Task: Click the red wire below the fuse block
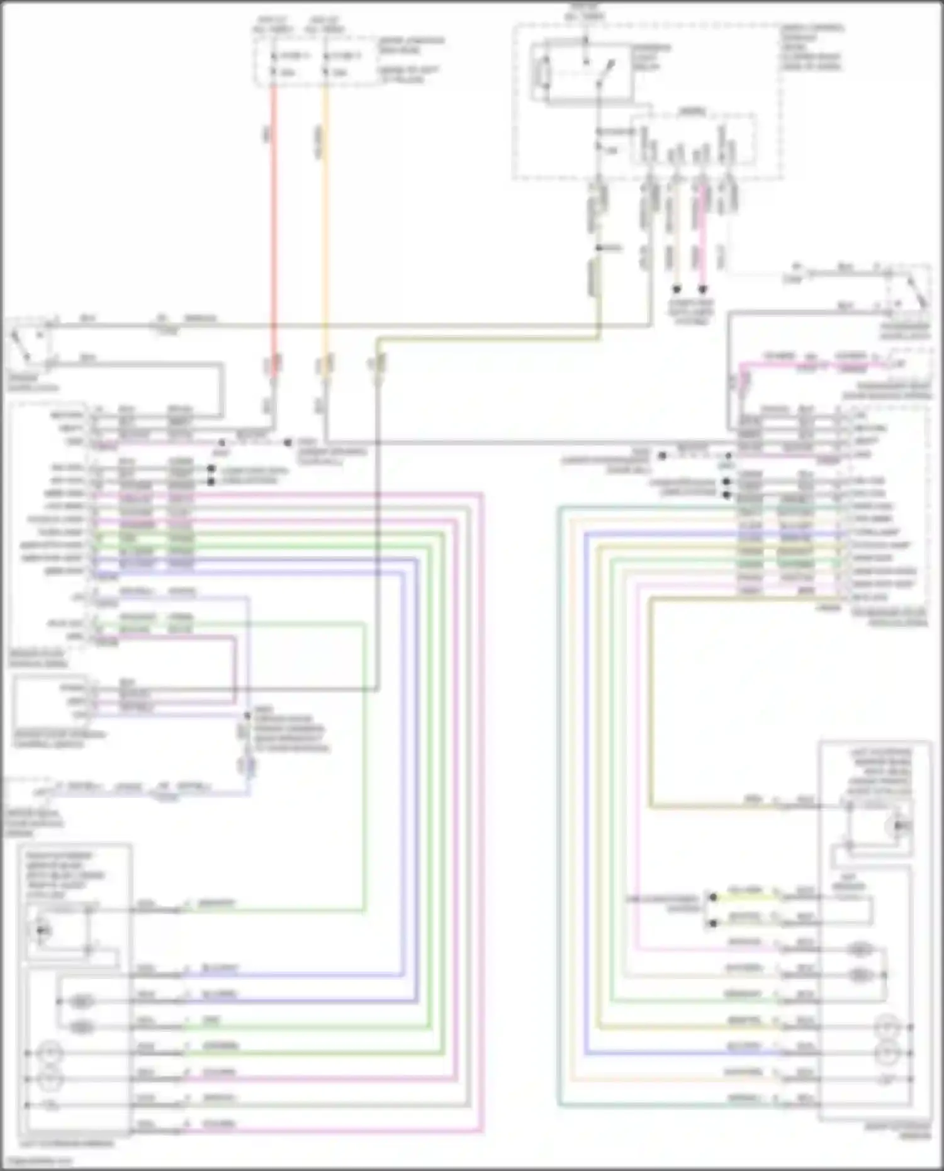274,220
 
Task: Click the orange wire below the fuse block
325,220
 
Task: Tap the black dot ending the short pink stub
703,289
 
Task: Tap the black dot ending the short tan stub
677,289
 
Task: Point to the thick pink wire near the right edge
818,364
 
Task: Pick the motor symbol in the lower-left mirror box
42,929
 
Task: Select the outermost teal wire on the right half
559,818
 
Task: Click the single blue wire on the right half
585,818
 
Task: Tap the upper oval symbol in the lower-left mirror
82,1000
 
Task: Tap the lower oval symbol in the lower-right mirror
860,975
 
